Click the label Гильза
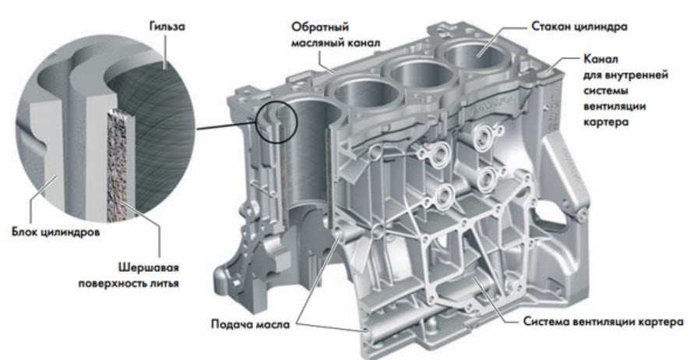pos(167,27)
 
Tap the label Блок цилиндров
pos(56,232)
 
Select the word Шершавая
pos(149,267)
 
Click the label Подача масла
pos(251,324)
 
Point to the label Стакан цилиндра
pos(580,26)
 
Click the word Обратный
pos(320,27)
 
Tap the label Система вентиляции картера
pos(604,322)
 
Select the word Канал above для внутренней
pos(601,59)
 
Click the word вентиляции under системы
pos(615,106)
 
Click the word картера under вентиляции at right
pos(606,122)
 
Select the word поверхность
pos(112,283)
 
